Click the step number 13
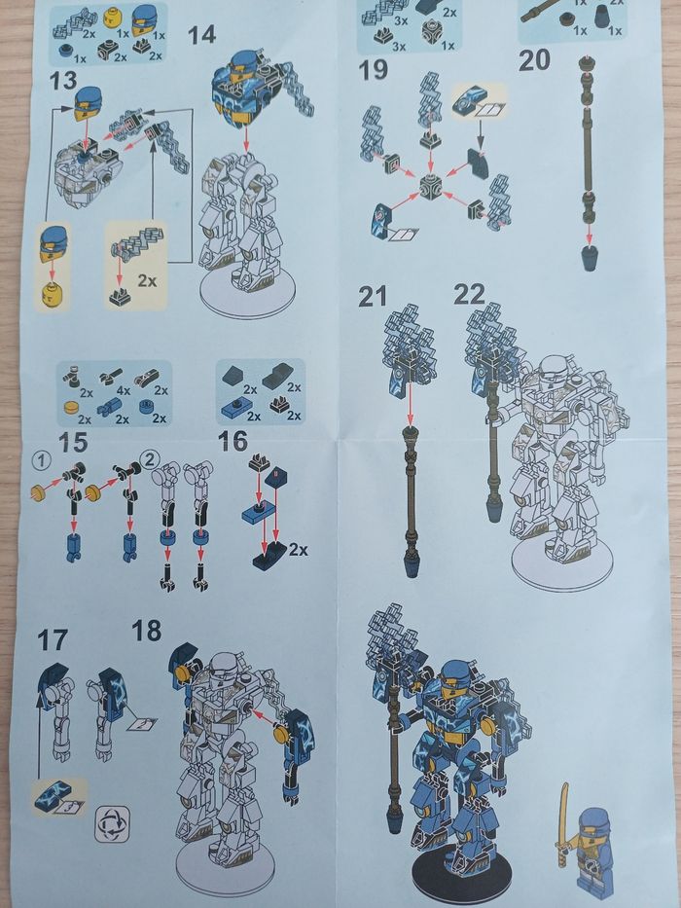(63, 80)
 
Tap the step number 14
(202, 35)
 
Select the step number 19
(374, 70)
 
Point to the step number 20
(534, 60)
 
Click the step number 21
(373, 297)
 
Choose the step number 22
(470, 294)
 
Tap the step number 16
(233, 441)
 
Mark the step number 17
(53, 640)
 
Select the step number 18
(147, 631)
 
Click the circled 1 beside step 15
(42, 461)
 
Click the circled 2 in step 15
(150, 460)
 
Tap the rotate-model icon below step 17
(112, 823)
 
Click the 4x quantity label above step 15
(124, 391)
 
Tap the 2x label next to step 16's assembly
(298, 548)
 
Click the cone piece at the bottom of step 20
(590, 257)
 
